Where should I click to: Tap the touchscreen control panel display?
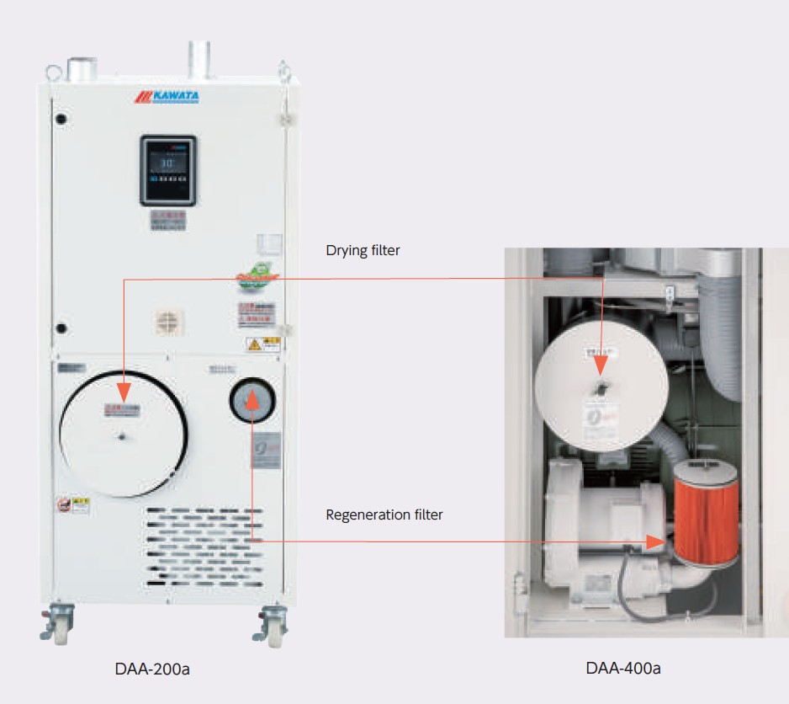(167, 170)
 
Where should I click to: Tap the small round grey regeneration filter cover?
(252, 402)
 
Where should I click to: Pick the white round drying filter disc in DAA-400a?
(601, 387)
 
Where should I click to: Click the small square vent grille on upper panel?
(169, 321)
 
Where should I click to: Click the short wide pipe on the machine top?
(82, 69)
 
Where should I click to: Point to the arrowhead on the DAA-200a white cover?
(124, 392)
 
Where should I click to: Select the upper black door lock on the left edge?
(61, 120)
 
